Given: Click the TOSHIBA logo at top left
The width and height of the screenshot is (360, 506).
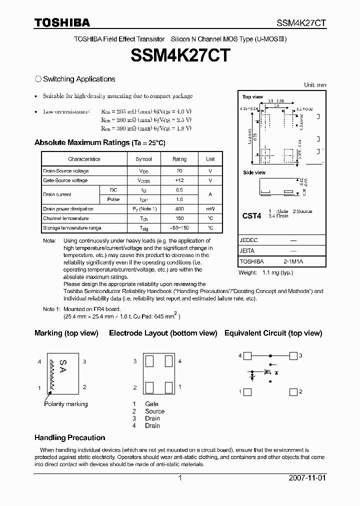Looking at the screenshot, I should coord(62,22).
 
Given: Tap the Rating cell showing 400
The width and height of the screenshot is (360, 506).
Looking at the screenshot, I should coord(179,208).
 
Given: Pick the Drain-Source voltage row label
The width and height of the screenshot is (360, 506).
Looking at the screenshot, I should coord(66,171).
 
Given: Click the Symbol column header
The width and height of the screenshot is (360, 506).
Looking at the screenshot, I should coord(143,159).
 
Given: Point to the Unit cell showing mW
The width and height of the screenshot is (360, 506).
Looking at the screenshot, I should coord(210,208).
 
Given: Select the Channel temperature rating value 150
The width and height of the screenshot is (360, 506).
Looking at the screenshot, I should coord(179,218).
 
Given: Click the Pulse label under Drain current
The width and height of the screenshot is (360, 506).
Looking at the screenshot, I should coord(113,199).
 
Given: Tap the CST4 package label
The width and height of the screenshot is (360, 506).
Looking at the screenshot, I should coord(252,216).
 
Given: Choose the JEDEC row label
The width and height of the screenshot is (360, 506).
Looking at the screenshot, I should coord(248,240).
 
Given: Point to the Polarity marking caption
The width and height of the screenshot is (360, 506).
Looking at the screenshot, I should coord(65,403).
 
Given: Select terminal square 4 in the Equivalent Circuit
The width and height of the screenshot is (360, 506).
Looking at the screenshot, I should coord(247,355).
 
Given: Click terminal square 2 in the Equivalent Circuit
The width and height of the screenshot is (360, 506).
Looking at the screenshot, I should coord(293,392).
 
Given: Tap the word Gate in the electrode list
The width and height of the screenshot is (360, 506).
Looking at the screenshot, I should coord(151,403).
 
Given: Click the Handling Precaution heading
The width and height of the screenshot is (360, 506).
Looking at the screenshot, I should coord(69,437).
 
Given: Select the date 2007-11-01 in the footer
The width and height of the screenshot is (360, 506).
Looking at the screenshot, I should coord(306,478).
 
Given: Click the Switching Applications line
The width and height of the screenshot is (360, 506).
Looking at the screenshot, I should coord(79,79).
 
